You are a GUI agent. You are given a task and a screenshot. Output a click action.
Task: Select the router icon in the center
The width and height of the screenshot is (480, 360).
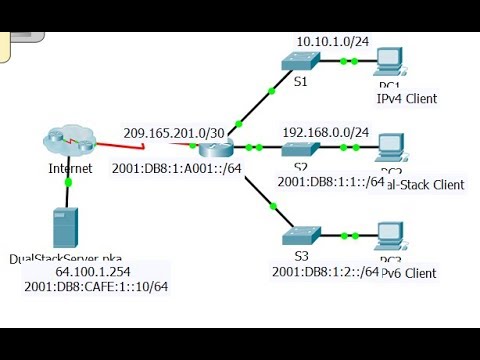point(212,148)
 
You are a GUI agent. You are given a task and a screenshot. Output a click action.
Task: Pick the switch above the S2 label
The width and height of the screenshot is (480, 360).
point(297,149)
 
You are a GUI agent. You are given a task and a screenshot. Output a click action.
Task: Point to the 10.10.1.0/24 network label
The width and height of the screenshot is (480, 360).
point(331,40)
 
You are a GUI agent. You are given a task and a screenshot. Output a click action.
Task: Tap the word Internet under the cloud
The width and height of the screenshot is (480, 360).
point(70,168)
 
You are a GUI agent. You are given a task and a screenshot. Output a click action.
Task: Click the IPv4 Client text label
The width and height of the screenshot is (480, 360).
point(406,98)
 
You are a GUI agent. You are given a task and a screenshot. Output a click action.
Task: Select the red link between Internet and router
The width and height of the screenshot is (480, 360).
point(150,145)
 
